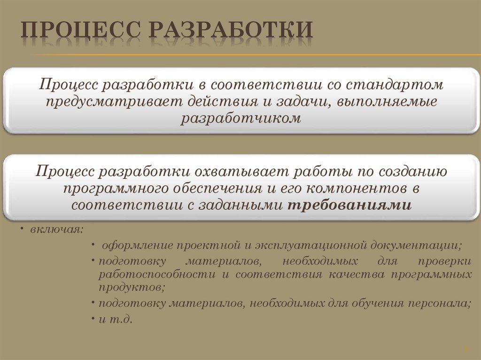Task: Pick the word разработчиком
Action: click(240, 118)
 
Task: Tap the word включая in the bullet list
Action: click(56, 230)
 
